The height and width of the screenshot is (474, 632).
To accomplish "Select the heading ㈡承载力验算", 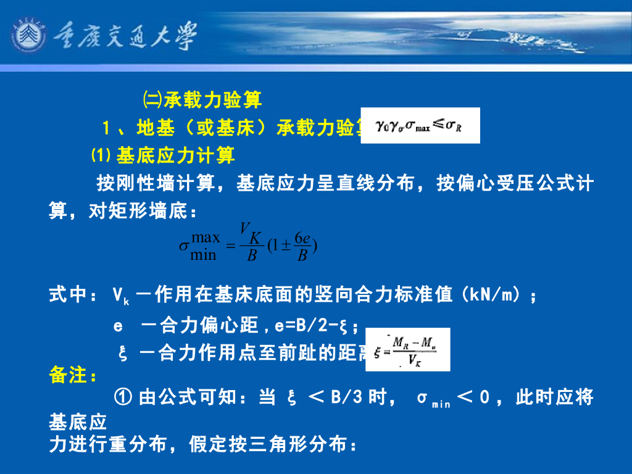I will point(203,99).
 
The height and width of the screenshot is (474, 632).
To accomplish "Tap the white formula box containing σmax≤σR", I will point(420,126).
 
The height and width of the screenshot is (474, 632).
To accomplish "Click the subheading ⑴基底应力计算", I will point(163,155).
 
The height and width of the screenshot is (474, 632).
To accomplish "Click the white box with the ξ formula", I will point(407,350).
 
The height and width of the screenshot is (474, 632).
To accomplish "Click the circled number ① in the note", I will point(123,397).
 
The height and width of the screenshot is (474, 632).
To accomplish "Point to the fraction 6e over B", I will point(302,246).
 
